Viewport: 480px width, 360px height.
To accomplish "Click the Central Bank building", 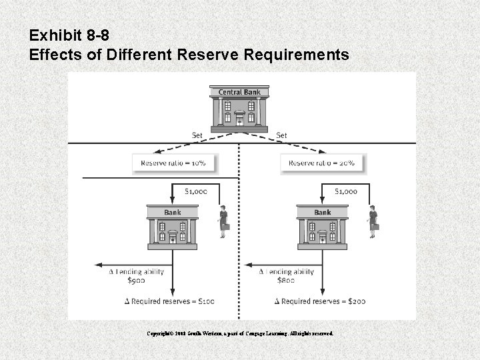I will click(x=239, y=111).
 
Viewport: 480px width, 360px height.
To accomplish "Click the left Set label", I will click(x=197, y=135).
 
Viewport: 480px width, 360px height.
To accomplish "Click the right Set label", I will click(x=281, y=135).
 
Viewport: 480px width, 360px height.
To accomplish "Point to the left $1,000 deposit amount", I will click(x=195, y=191).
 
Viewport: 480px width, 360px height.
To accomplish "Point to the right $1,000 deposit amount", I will click(x=345, y=191).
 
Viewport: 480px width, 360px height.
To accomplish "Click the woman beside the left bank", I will click(x=223, y=221).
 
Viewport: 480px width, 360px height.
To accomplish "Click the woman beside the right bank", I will click(x=372, y=221).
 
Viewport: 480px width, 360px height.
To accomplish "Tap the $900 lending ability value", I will click(x=136, y=281).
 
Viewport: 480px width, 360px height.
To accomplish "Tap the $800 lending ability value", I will click(x=286, y=281).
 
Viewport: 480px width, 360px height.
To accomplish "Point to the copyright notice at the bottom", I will click(x=241, y=332).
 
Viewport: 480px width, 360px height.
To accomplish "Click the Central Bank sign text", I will click(x=239, y=92).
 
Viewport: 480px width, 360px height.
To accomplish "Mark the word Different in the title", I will click(x=142, y=55).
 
